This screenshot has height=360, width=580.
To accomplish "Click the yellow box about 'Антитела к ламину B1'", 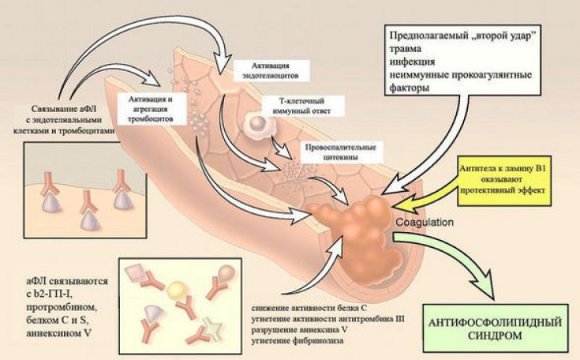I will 501,176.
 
